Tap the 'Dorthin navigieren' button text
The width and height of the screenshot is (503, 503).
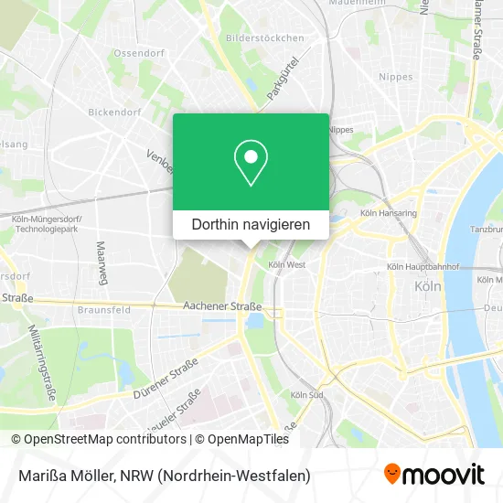tap(251, 224)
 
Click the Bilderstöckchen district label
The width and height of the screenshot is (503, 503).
tap(263, 39)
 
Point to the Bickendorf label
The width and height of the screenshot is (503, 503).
tap(113, 112)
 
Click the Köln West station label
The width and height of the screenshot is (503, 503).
tap(286, 265)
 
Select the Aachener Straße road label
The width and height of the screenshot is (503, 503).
tap(222, 306)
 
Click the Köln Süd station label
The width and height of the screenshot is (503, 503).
tap(305, 395)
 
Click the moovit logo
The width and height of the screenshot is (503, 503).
tap(434, 475)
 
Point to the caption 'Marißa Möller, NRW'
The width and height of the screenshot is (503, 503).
tap(160, 476)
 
